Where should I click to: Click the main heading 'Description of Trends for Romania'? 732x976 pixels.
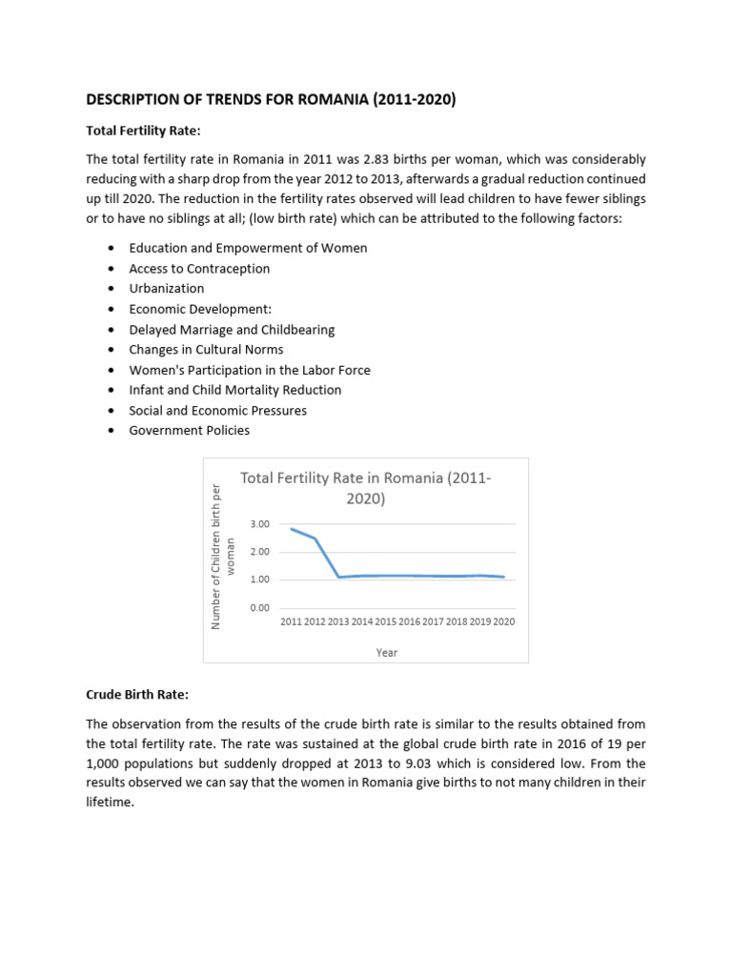(x=271, y=99)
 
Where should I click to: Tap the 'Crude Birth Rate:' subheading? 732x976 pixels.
(x=137, y=694)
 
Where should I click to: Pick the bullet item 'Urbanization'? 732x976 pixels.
(x=167, y=288)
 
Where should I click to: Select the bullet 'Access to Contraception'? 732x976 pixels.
(x=199, y=268)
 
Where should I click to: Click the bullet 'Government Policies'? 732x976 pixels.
(x=190, y=430)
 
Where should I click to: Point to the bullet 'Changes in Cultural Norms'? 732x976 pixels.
(x=206, y=349)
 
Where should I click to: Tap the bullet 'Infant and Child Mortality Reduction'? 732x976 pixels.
(x=235, y=390)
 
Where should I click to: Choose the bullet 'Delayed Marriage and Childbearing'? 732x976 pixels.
(x=232, y=329)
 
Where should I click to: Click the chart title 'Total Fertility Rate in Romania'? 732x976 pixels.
(x=366, y=488)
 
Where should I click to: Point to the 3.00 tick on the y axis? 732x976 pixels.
(x=260, y=524)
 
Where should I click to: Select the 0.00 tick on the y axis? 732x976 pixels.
(x=260, y=607)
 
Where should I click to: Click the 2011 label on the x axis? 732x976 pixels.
(x=291, y=621)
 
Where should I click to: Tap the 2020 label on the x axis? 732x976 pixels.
(x=503, y=621)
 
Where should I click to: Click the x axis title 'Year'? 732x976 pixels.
(x=387, y=653)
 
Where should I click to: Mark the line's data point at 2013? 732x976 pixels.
(x=339, y=577)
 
